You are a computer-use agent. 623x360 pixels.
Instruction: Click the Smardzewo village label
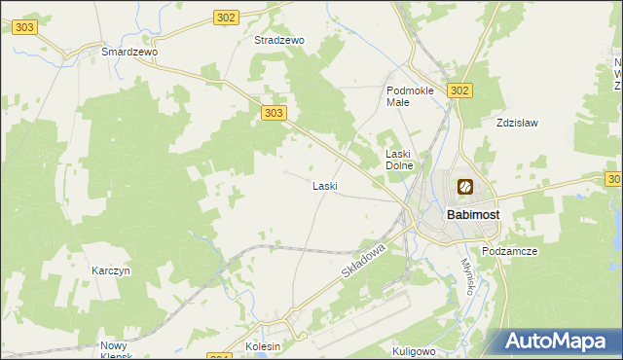click(x=129, y=51)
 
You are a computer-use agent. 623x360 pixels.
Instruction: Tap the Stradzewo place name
click(x=279, y=41)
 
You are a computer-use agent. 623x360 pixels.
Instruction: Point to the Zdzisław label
click(x=517, y=124)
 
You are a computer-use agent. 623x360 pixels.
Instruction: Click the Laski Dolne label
click(x=400, y=160)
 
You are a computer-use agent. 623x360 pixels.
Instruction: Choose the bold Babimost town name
click(x=473, y=213)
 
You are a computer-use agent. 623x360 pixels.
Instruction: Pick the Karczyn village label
click(x=111, y=270)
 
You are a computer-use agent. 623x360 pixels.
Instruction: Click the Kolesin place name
click(x=263, y=346)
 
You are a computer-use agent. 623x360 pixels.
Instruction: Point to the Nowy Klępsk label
click(x=122, y=350)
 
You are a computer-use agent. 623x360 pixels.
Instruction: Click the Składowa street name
click(x=365, y=263)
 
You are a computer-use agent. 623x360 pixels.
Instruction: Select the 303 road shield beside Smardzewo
click(x=25, y=27)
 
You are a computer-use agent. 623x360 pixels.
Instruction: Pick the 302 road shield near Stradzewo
click(x=226, y=18)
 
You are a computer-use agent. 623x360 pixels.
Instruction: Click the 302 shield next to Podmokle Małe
click(x=460, y=90)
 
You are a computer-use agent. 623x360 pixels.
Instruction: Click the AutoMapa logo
click(x=558, y=341)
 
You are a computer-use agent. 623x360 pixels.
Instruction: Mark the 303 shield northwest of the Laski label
click(x=275, y=114)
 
